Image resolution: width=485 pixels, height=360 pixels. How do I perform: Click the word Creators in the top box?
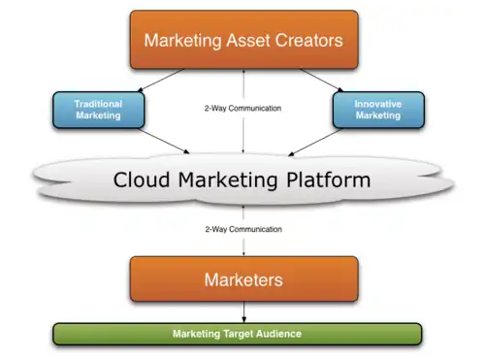point(308,41)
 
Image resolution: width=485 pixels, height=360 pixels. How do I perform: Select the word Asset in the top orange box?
point(248,41)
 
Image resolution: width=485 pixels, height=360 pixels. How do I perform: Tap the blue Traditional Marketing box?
point(99,110)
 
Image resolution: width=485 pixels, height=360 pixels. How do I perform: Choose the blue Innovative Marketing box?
point(378,110)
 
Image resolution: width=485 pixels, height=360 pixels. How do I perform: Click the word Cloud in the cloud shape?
point(142,180)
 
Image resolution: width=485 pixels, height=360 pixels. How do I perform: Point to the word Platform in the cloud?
point(329,180)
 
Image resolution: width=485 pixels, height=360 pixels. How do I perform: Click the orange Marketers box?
point(244,279)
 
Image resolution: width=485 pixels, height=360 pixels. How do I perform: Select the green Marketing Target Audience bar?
point(238,334)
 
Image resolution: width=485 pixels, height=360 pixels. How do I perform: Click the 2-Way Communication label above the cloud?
point(242,108)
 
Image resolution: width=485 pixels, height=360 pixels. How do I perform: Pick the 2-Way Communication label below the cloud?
point(243,229)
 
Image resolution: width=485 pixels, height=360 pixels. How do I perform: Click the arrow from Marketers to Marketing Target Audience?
point(244,312)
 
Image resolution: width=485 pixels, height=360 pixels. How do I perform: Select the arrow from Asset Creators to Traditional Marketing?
point(161,81)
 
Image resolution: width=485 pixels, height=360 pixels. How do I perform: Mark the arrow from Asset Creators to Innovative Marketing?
point(322,81)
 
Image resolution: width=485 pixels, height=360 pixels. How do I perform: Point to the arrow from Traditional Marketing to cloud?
point(164,141)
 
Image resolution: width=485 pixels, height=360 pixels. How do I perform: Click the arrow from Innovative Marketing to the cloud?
point(314,143)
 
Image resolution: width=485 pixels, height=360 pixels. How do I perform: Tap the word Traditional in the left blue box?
point(98,104)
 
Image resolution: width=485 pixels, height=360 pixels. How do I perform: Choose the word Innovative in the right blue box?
point(378,104)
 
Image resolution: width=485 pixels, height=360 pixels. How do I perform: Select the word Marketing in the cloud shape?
point(228,180)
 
